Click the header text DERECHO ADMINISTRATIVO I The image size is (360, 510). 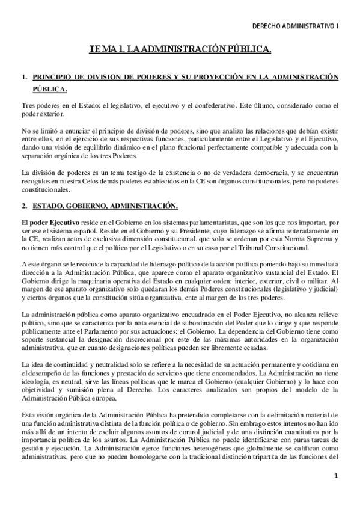[295, 26]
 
